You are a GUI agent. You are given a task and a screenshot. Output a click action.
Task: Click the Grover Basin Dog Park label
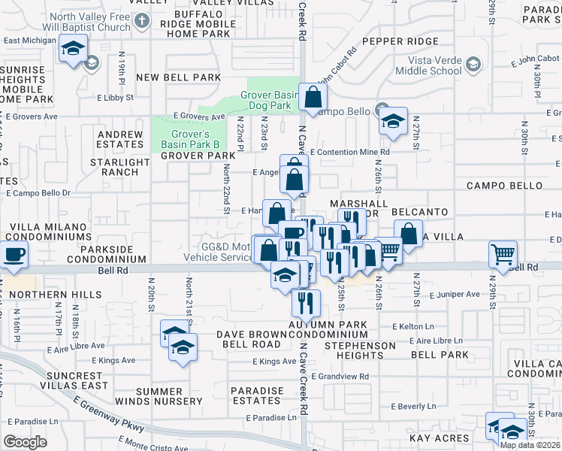[x=270, y=101]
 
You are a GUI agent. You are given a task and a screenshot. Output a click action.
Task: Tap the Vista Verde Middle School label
[x=435, y=65]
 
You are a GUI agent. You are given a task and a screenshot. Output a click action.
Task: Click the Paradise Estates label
[x=257, y=396]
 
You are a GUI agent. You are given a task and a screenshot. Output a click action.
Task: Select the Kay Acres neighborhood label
[x=440, y=438]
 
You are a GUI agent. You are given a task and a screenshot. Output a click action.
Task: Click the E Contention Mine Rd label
[x=349, y=151]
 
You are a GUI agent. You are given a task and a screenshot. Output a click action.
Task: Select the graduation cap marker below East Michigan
[x=73, y=50]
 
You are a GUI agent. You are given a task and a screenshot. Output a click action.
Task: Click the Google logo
[x=26, y=441]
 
